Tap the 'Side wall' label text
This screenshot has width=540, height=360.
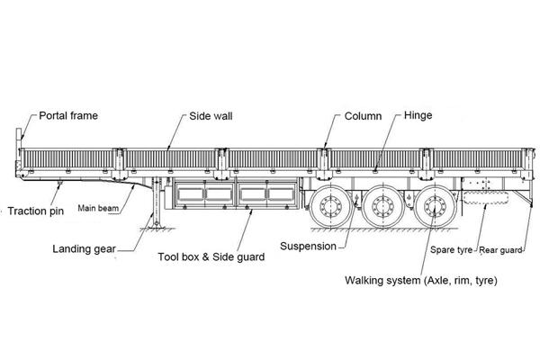pos(212,117)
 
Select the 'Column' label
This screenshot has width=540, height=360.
pos(364,117)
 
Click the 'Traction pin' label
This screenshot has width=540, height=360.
pos(35,212)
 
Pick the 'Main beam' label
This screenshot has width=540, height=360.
pos(99,209)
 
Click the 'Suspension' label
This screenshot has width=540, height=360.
pos(308,246)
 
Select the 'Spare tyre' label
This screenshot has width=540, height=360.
pos(452,249)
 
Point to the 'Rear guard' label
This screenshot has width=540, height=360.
pos(500,249)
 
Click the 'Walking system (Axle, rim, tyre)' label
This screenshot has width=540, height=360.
pos(421,280)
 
